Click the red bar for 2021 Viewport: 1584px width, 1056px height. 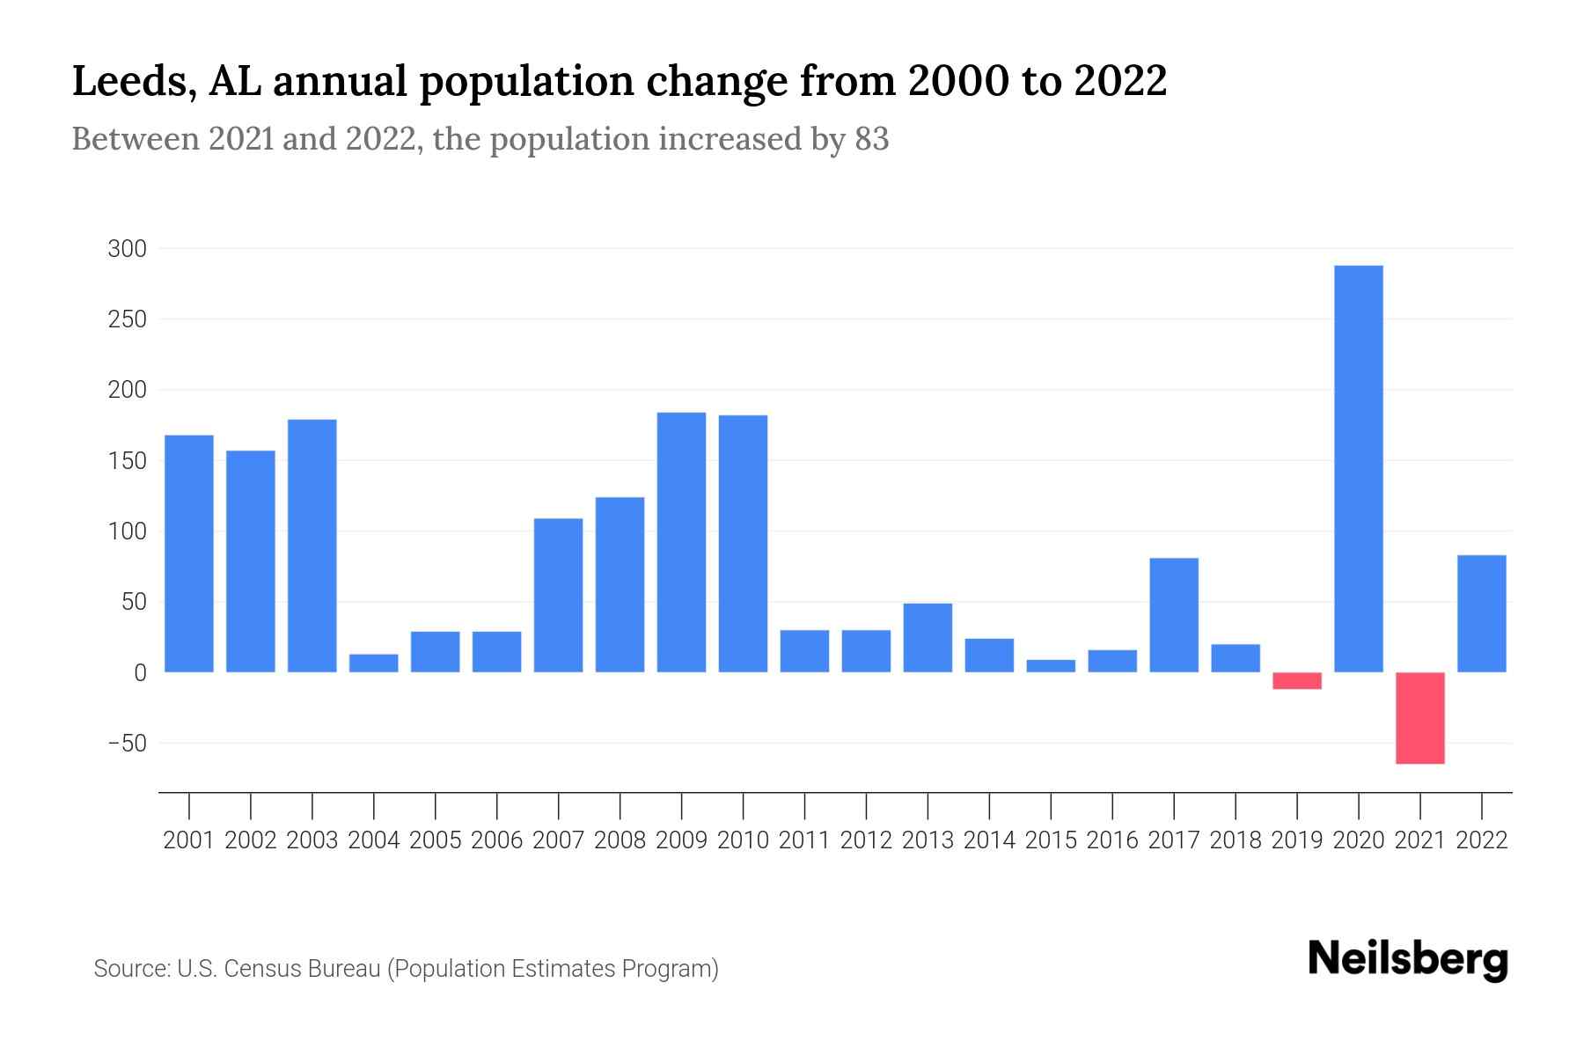(x=1420, y=718)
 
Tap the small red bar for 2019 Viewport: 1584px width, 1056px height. (x=1297, y=680)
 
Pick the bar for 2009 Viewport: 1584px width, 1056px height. (x=682, y=542)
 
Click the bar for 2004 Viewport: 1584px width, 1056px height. (x=374, y=664)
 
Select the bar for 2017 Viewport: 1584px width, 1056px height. (x=1174, y=615)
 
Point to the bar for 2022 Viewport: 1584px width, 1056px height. (x=1482, y=613)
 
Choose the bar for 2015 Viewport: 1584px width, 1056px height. (x=1051, y=666)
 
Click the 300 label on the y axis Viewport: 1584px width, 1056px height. (x=127, y=249)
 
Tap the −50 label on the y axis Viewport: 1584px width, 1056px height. (x=127, y=744)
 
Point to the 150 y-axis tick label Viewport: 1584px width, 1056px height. (x=127, y=461)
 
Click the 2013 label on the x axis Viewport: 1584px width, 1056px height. (x=928, y=840)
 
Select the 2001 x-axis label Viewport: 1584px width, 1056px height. (x=189, y=840)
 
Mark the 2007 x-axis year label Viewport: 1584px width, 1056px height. (x=559, y=840)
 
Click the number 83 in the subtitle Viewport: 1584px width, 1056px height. (x=871, y=139)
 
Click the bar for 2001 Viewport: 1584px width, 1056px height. (x=189, y=554)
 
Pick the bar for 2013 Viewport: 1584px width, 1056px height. (x=928, y=638)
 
